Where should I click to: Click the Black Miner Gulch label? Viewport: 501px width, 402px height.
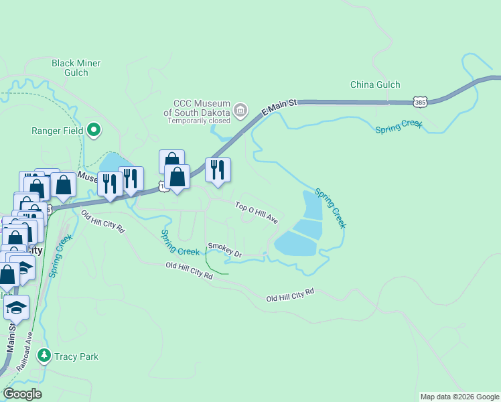[76, 68]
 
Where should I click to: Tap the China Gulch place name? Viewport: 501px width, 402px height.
[375, 84]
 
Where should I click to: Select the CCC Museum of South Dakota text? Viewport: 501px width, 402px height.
[201, 108]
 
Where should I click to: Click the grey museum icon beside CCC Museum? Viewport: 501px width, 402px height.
[240, 109]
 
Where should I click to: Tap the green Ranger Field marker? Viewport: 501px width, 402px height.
[94, 130]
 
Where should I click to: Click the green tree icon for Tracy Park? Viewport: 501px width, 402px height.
[44, 355]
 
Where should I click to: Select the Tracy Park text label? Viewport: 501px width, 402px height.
[76, 356]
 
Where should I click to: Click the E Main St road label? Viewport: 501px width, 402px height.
[278, 107]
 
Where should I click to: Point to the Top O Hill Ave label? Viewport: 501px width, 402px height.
[257, 212]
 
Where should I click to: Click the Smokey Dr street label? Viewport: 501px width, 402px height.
[224, 249]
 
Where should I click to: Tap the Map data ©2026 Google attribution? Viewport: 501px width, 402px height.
[459, 397]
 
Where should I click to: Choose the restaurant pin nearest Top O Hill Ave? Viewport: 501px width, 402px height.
[218, 170]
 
